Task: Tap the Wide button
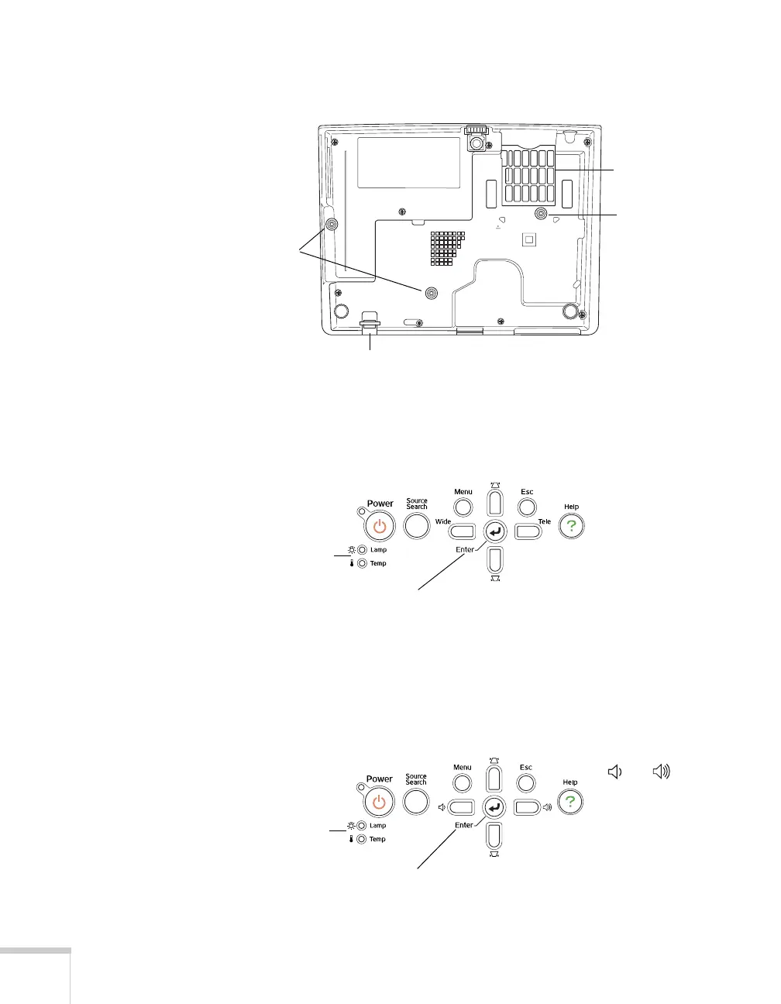pos(462,531)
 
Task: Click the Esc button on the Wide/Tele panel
pos(527,507)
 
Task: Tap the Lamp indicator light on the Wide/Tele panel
pos(362,550)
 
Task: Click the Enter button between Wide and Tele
pos(494,531)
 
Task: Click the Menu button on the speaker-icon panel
pos(463,783)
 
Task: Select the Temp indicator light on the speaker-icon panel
pos(361,839)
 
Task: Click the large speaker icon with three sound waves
pos(661,772)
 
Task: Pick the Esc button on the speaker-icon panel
pos(526,783)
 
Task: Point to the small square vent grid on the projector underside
pos(447,248)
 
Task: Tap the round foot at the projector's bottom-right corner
pos(570,311)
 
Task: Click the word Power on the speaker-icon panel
pos(380,779)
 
